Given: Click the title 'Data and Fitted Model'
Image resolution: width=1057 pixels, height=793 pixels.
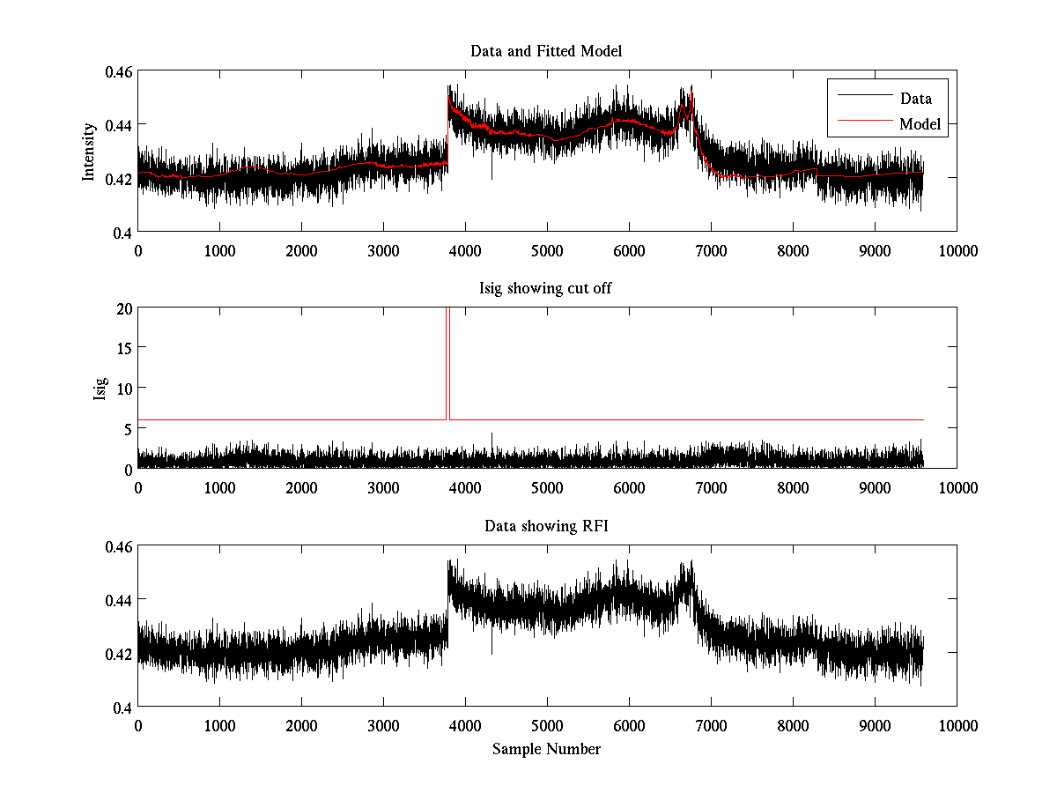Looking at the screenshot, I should (x=546, y=51).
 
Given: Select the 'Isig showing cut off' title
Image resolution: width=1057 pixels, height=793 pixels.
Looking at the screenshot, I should (x=546, y=289).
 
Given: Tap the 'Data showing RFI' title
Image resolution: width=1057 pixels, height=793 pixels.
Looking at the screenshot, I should (x=546, y=526).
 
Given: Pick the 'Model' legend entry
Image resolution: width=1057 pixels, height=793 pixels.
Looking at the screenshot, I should (x=920, y=124).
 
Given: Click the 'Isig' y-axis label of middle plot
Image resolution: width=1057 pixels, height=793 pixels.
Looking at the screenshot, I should (x=99, y=389).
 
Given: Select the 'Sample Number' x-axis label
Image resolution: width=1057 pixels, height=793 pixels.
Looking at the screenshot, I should (x=546, y=749).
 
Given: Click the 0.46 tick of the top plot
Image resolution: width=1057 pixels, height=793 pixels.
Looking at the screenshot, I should (x=119, y=70).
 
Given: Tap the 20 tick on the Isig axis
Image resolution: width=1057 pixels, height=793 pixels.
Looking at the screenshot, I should (x=123, y=308).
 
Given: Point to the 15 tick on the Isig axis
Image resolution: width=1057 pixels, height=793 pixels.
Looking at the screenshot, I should (x=123, y=348).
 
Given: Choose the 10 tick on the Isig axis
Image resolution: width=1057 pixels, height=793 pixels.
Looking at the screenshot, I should (x=123, y=389).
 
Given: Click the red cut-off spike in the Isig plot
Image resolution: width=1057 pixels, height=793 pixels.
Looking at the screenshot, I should (x=448, y=361).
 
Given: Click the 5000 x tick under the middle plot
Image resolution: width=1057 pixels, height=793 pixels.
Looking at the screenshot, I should (x=547, y=487).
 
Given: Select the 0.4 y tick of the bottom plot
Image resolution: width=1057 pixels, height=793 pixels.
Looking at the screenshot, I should (x=122, y=707).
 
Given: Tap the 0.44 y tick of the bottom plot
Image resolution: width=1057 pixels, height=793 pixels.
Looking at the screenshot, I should (x=119, y=599).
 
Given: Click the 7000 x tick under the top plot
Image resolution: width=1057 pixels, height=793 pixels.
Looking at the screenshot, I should (x=711, y=250).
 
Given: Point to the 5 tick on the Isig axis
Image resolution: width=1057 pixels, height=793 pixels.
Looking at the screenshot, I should (x=127, y=428).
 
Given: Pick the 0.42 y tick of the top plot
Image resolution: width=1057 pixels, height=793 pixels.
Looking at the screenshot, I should (x=119, y=179).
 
